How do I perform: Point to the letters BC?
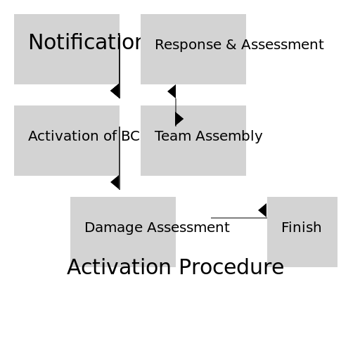(x=130, y=136)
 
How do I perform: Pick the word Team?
(x=169, y=136)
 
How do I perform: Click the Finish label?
(x=301, y=228)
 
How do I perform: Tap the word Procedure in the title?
(x=231, y=268)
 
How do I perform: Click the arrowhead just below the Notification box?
(x=115, y=91)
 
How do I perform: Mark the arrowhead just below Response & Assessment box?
(x=172, y=91)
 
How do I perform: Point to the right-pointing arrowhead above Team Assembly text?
(x=179, y=119)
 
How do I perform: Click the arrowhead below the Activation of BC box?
(x=115, y=182)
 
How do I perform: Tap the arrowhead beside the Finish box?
(x=263, y=210)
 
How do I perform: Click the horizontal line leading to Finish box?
(x=236, y=218)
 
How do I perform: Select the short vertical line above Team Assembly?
(x=176, y=105)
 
